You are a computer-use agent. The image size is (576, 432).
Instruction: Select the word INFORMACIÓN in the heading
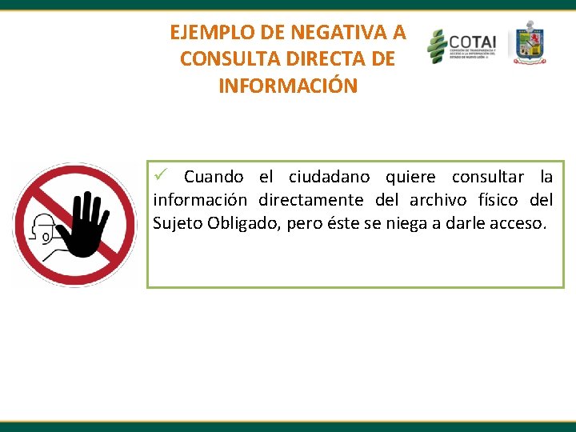pyautogui.click(x=288, y=86)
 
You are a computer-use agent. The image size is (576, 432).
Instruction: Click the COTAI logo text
pyautogui.click(x=472, y=41)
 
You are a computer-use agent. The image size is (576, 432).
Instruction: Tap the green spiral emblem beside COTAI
pyautogui.click(x=437, y=46)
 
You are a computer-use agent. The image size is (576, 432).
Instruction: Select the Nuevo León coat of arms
pyautogui.click(x=528, y=43)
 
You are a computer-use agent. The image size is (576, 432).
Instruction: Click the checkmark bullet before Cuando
pyautogui.click(x=160, y=175)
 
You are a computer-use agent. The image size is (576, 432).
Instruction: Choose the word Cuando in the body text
pyautogui.click(x=214, y=177)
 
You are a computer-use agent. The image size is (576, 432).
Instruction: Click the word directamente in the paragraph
pyautogui.click(x=310, y=200)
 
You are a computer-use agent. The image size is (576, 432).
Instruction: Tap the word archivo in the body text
pyautogui.click(x=438, y=200)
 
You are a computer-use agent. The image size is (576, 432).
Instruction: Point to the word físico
pyautogui.click(x=498, y=200)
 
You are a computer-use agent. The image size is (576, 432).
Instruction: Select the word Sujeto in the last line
pyautogui.click(x=177, y=223)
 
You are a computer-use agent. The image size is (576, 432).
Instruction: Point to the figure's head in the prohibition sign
pyautogui.click(x=42, y=228)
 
